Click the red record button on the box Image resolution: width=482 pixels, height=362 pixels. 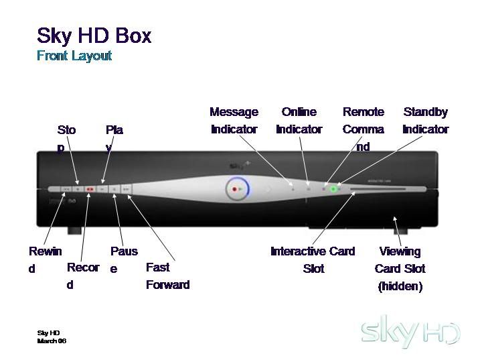90,190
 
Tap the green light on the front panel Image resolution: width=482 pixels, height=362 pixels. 333,190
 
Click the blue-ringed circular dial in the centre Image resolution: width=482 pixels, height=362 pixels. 236,190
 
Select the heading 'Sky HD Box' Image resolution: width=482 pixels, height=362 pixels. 94,35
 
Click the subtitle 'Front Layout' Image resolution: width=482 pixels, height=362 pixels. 74,56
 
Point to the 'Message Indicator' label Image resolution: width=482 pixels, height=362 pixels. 234,121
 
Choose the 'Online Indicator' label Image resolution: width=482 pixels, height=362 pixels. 299,121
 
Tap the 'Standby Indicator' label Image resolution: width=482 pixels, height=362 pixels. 425,121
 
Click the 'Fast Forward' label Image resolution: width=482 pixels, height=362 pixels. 167,276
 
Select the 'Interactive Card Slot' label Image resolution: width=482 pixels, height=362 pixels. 313,259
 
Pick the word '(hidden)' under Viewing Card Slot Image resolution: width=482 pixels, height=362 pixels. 400,286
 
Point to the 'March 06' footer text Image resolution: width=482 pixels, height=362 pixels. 52,341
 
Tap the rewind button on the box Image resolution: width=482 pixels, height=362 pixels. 66,190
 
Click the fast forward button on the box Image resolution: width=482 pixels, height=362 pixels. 126,190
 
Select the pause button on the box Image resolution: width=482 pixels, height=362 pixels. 114,190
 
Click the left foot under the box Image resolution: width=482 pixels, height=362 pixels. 74,230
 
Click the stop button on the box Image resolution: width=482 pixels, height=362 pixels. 78,190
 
